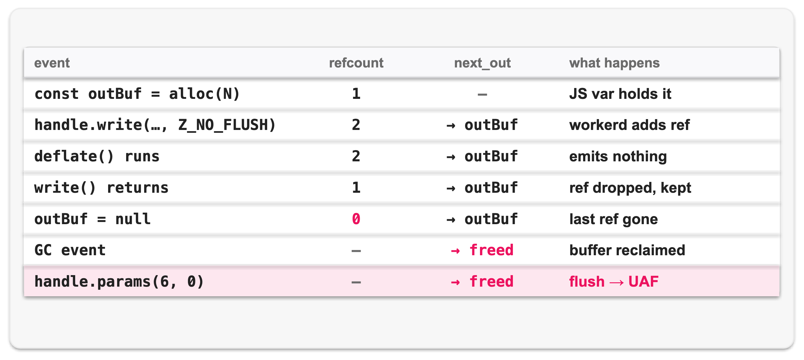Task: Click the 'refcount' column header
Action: coord(356,63)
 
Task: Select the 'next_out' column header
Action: coord(482,63)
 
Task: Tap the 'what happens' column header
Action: coord(614,63)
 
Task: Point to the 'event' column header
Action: coord(52,63)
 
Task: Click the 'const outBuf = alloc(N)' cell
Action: coord(137,94)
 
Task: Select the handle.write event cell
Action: coord(155,125)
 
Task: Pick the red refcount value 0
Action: coord(356,219)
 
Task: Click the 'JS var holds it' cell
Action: coord(620,94)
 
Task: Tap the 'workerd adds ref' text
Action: coord(629,125)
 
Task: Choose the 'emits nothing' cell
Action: coord(618,156)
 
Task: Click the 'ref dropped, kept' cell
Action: coord(630,188)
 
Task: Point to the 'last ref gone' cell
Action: coord(613,219)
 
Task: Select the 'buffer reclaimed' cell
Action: coord(627,250)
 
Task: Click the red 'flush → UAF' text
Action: coord(614,281)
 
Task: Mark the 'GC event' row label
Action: coord(70,250)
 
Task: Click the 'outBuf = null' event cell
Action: coord(92,219)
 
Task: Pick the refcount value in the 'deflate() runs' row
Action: coord(356,156)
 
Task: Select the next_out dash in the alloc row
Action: coord(482,94)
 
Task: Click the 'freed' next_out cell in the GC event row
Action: coord(482,250)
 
